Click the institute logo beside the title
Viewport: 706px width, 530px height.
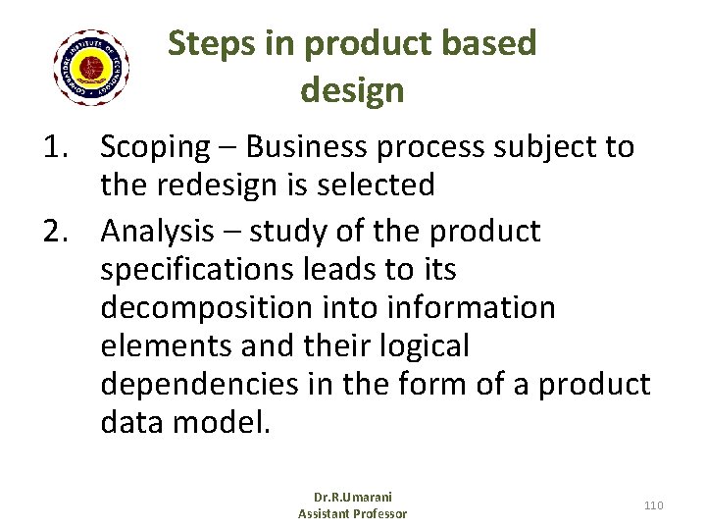click(91, 68)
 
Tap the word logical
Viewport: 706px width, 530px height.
click(421, 346)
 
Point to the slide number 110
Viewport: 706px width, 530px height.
click(653, 504)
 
